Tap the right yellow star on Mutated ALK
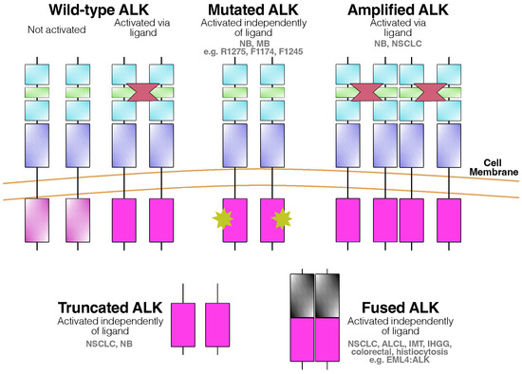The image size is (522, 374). pos(281,220)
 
